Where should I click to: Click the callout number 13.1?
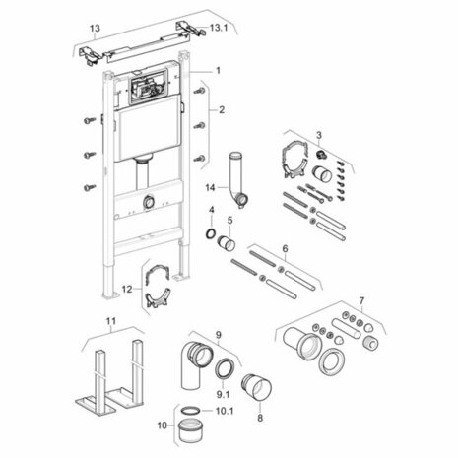click(219, 28)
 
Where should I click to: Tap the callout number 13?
click(95, 29)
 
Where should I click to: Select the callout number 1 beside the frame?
click(218, 70)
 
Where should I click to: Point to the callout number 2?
click(222, 109)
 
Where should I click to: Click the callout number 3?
click(319, 135)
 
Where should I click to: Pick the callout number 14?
click(210, 188)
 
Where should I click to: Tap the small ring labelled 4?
click(210, 233)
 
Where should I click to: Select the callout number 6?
click(285, 248)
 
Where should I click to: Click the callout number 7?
click(361, 300)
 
